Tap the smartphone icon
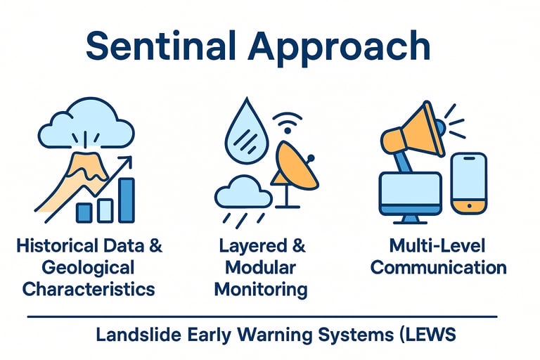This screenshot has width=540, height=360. pyautogui.click(x=468, y=183)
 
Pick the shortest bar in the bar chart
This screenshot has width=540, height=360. pyautogui.click(x=84, y=212)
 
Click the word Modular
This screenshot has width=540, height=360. pyautogui.click(x=261, y=267)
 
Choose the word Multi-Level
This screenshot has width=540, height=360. pyautogui.click(x=438, y=246)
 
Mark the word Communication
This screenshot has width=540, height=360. pyautogui.click(x=438, y=267)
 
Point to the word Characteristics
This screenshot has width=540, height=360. pyautogui.click(x=88, y=288)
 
